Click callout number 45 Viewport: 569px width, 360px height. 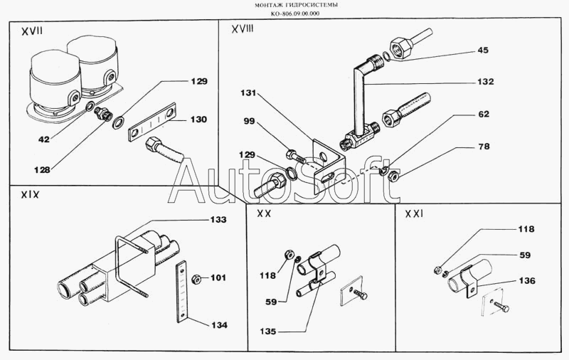coord(483,50)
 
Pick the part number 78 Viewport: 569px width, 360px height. coord(484,147)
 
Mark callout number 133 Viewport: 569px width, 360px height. coord(218,221)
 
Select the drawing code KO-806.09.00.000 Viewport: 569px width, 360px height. coord(285,14)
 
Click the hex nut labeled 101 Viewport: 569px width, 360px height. coord(197,277)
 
